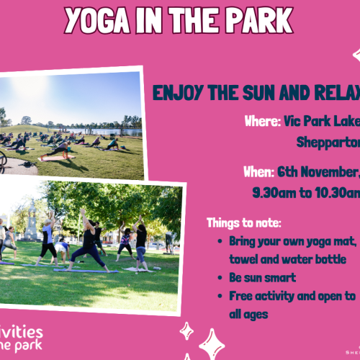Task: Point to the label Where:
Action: pos(262,121)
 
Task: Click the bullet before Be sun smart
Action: pos(220,277)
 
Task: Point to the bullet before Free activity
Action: pos(220,296)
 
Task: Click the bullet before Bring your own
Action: pos(220,241)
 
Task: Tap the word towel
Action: pos(245,258)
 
